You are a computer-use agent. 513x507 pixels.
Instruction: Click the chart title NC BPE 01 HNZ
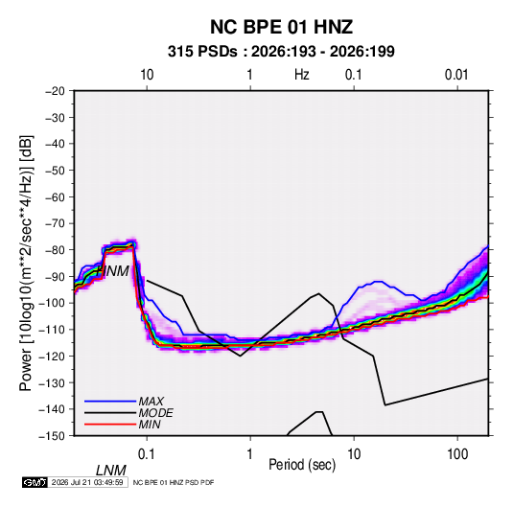tap(281, 27)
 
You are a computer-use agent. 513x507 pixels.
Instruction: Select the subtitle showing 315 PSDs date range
tap(281, 52)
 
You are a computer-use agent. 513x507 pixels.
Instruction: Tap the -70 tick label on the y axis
tap(56, 223)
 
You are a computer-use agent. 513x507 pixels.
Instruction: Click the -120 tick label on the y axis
tap(53, 356)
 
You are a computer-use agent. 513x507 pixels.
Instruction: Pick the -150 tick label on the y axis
tap(53, 436)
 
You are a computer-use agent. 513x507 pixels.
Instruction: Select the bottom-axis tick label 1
tap(250, 454)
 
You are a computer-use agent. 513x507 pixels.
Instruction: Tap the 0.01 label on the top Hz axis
tap(456, 75)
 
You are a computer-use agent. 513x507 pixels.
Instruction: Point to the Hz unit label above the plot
tap(302, 75)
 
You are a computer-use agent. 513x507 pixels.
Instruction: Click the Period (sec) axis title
tap(302, 465)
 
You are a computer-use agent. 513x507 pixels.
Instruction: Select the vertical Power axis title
tap(26, 263)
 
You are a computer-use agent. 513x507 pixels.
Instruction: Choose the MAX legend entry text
tap(152, 401)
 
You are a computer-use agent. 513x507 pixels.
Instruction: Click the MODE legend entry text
tap(155, 413)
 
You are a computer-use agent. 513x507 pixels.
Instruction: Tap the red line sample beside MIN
tap(110, 425)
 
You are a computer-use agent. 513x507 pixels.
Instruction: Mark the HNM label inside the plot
tap(112, 271)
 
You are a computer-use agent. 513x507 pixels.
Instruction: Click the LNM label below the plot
tap(111, 471)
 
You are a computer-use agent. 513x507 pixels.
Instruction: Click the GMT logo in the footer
tap(35, 482)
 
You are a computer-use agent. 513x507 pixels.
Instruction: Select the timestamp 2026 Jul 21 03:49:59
tap(87, 482)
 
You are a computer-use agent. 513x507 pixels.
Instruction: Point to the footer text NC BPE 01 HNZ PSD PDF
tap(174, 482)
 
